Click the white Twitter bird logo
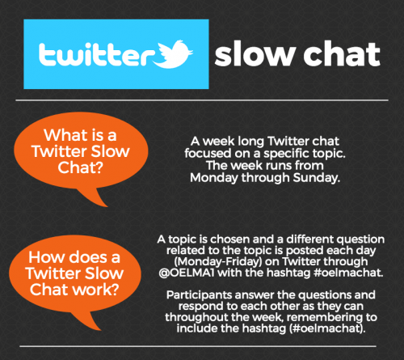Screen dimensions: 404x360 point(174,54)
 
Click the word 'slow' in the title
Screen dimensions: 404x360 point(255,54)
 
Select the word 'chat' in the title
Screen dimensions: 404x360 point(342,54)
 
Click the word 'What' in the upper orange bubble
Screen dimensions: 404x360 point(65,135)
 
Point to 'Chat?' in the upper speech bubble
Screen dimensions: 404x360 point(80,167)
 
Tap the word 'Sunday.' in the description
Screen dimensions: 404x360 point(317,178)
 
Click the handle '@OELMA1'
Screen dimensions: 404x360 point(187,273)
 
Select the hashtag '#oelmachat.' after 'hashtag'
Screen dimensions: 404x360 point(348,273)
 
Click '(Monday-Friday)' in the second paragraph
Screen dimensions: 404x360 point(218,261)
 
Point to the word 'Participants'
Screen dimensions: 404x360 point(199,295)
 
